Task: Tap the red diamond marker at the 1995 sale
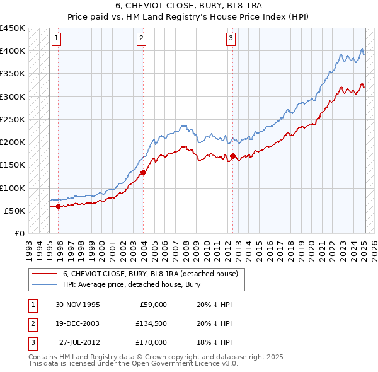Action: [59, 206]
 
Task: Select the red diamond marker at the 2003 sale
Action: [144, 171]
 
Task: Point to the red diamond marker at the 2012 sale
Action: [232, 156]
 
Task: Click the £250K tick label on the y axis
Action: [13, 119]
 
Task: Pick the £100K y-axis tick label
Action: [13, 188]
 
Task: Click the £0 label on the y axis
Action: [19, 233]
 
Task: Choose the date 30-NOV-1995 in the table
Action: [77, 305]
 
